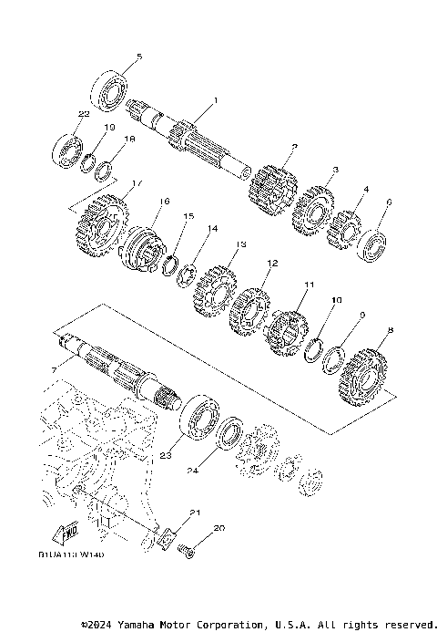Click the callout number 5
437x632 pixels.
138,57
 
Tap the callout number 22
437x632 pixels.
83,114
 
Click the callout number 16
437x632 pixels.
165,201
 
